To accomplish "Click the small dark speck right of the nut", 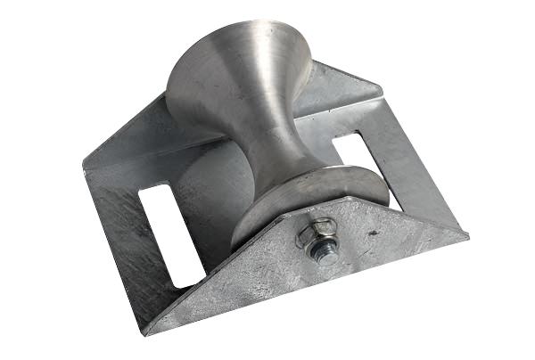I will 366,234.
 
